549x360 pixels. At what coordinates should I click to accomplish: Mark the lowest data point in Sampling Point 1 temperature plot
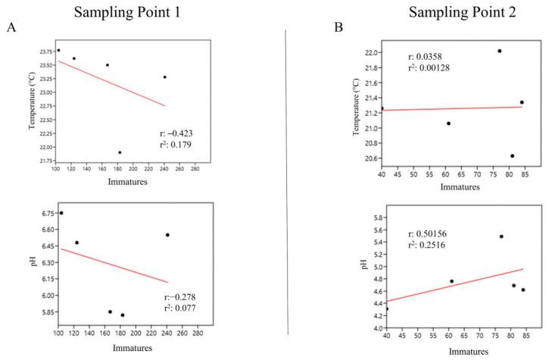pos(120,152)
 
